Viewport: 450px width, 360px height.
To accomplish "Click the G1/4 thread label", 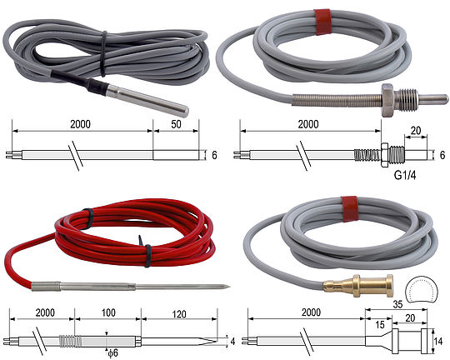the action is (x=405, y=175).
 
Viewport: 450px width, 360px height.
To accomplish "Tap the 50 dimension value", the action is (x=176, y=124).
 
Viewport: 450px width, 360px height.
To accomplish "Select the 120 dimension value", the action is (x=179, y=314).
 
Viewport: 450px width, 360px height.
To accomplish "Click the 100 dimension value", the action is (x=108, y=312).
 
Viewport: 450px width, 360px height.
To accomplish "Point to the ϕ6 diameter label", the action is (x=112, y=352).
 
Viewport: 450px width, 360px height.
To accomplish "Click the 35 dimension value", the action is (x=397, y=304).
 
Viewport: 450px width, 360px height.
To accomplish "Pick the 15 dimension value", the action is (x=380, y=325).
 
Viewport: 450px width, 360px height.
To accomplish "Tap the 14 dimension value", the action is (x=438, y=342).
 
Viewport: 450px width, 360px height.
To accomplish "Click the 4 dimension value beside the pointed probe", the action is (x=232, y=342).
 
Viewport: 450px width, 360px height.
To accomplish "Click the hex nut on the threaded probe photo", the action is (x=387, y=100).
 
